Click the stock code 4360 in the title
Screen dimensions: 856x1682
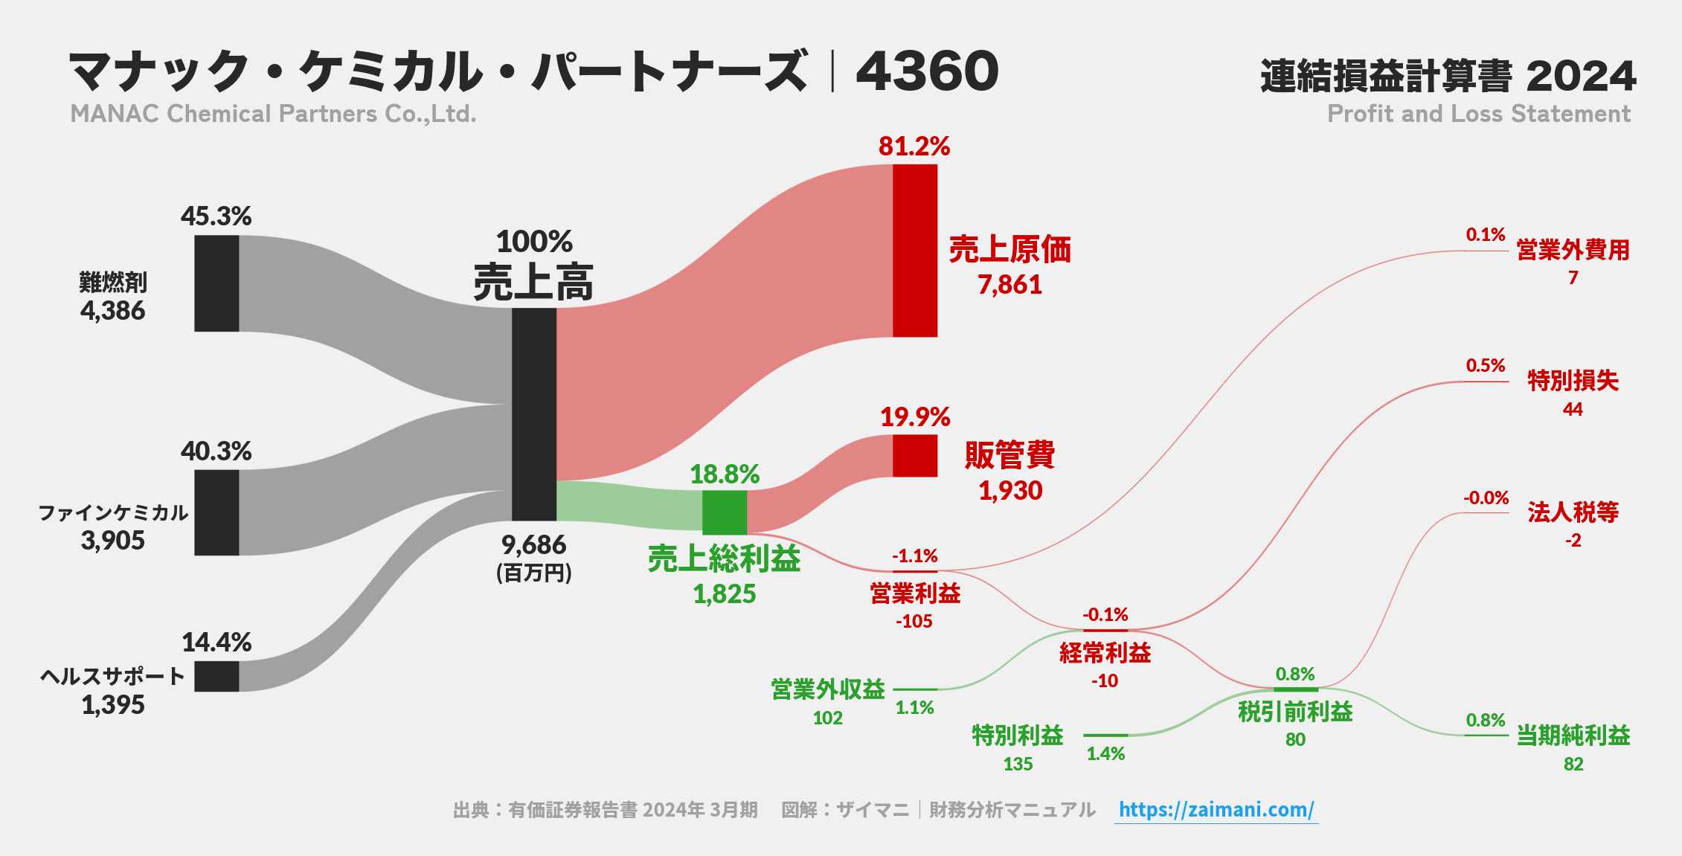927,72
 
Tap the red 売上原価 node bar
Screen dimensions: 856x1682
914,251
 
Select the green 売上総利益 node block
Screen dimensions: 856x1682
724,512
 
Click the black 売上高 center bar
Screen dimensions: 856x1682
533,414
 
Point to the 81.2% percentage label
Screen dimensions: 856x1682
914,147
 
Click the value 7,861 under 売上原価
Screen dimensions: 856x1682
1009,285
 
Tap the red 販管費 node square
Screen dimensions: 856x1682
914,456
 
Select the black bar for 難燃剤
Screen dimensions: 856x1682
216,283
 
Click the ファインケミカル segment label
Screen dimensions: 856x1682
113,512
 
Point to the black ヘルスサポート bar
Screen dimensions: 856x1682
216,676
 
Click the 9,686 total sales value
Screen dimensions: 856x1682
533,545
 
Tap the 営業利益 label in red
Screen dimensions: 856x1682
915,593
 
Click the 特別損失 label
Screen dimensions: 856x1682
1573,381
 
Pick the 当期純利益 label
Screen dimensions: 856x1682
1573,736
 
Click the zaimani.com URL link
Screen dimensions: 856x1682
1216,810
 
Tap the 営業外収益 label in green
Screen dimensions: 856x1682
827,689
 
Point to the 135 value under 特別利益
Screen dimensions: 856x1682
1017,765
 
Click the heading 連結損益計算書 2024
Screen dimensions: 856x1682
1448,76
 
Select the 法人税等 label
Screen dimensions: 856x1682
1573,512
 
